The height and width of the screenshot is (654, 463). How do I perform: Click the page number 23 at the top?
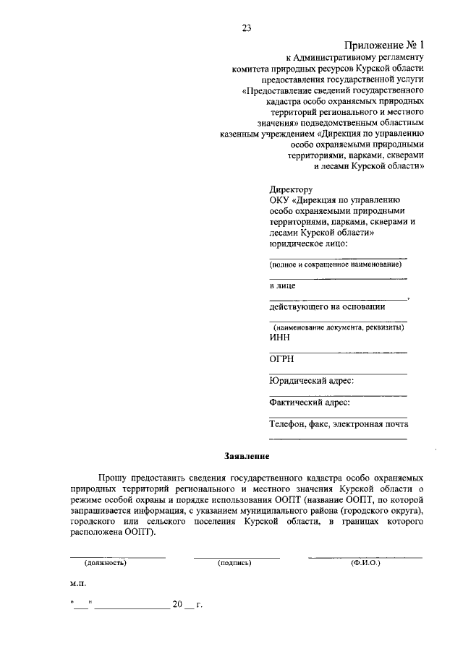[x=246, y=29]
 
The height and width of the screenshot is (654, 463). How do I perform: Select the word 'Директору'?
[x=289, y=190]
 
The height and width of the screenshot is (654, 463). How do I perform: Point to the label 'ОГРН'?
[x=282, y=359]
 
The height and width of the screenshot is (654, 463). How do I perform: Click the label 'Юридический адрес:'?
[x=311, y=381]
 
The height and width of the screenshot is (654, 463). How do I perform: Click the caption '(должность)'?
[x=106, y=563]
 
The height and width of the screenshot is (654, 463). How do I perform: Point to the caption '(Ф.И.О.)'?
[x=365, y=563]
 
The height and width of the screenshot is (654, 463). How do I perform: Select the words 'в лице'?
[x=282, y=286]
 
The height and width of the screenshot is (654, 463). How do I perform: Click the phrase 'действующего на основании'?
[x=327, y=306]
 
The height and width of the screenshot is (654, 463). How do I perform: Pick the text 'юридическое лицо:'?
[x=308, y=244]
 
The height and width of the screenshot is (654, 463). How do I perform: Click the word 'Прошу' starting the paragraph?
[x=114, y=478]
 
